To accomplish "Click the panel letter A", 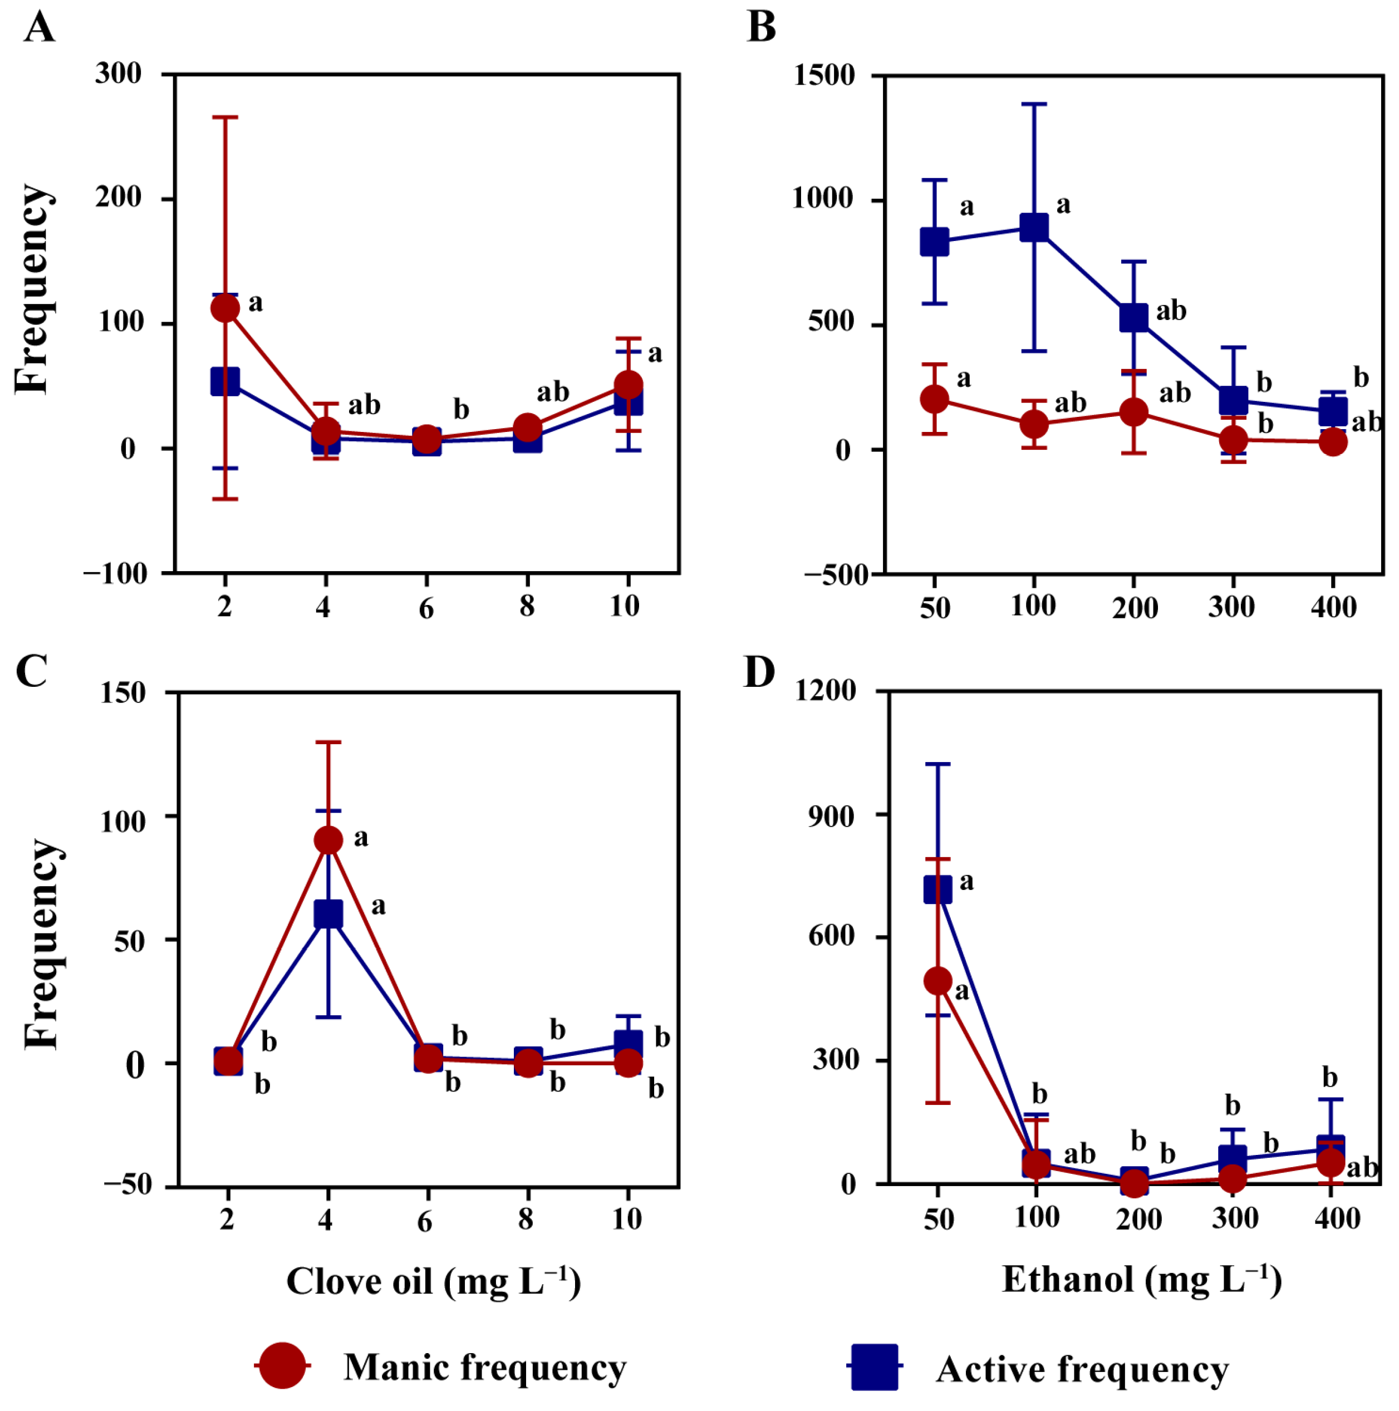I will tap(40, 28).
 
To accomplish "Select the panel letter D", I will tap(759, 672).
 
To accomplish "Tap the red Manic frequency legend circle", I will tap(282, 1364).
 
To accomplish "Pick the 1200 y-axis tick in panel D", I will tap(826, 690).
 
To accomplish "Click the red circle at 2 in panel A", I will tap(225, 308).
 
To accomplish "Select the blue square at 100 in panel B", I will tap(1034, 227).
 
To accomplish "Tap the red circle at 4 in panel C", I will tap(328, 840).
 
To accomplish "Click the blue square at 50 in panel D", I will tap(938, 889).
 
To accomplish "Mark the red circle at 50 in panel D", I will tap(938, 981).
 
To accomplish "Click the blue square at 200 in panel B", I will tap(1133, 317).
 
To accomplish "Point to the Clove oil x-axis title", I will tap(433, 1281).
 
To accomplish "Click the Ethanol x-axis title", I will tap(1141, 1280).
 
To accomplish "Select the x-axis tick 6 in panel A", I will tap(426, 608).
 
